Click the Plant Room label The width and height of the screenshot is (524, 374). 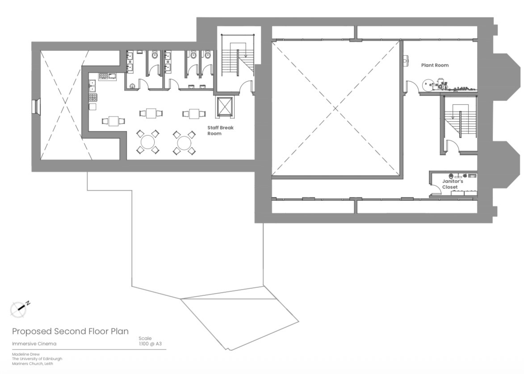tap(435, 66)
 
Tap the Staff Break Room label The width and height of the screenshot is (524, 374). tap(220, 131)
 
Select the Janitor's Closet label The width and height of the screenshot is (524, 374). tap(453, 184)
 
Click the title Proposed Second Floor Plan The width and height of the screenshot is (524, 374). tap(70, 331)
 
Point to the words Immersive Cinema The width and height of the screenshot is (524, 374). tap(34, 344)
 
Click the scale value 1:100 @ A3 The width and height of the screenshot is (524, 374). tap(150, 344)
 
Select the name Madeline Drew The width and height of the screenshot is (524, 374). tap(26, 354)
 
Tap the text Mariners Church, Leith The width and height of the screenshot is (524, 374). tap(33, 364)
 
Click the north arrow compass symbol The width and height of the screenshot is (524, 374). tap(19, 309)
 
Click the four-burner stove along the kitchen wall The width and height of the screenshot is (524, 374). tap(93, 98)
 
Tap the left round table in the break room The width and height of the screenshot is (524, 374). tap(147, 142)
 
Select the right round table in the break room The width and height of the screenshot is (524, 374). tap(184, 142)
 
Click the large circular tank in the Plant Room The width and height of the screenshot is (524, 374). tap(427, 85)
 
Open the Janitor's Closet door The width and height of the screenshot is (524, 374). tap(436, 190)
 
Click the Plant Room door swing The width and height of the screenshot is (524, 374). tap(411, 86)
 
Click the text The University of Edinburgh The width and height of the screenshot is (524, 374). tap(37, 359)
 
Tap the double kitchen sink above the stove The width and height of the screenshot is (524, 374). tap(92, 86)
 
